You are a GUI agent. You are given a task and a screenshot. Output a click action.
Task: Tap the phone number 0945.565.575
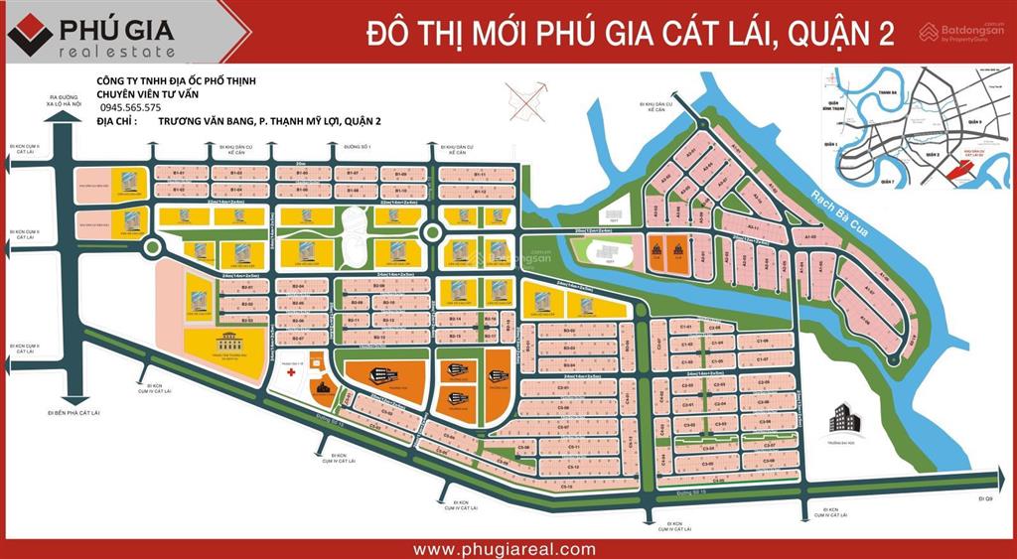pyautogui.click(x=131, y=107)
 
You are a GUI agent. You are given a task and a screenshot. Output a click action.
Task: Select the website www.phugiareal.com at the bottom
pyautogui.click(x=505, y=549)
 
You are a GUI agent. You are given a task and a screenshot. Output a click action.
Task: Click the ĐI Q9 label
pyautogui.click(x=985, y=495)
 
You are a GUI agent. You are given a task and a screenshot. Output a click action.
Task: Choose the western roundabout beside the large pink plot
pyautogui.click(x=153, y=246)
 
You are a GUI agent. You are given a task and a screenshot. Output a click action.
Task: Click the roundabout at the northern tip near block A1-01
pyautogui.click(x=703, y=124)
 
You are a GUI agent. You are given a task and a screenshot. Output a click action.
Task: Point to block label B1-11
pyautogui.click(x=480, y=175)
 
